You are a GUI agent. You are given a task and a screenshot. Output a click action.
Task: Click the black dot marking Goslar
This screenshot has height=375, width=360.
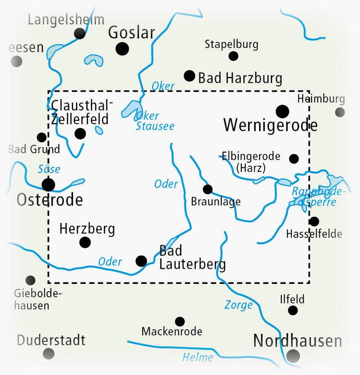click(x=122, y=49)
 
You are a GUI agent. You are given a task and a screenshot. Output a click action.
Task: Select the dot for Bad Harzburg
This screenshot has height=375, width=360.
click(x=190, y=76)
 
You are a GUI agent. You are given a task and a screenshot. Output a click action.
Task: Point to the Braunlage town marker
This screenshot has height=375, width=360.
click(x=208, y=189)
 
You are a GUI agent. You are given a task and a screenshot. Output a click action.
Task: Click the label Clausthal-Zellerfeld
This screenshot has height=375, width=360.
click(x=80, y=112)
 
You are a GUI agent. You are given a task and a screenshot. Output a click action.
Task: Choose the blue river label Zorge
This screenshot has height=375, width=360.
click(x=238, y=305)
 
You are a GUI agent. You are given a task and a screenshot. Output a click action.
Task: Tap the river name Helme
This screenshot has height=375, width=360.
click(x=197, y=357)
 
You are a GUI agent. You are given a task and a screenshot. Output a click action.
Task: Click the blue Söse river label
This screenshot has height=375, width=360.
click(x=49, y=169)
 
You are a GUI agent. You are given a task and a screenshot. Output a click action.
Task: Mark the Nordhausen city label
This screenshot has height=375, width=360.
click(x=297, y=341)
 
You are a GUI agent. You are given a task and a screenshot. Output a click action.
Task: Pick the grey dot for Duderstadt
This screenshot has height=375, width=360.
click(x=48, y=354)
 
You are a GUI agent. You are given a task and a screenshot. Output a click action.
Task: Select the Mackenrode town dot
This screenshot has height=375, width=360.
click(x=180, y=321)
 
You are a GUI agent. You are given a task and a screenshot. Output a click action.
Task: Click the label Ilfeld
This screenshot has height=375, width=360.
click(x=292, y=299)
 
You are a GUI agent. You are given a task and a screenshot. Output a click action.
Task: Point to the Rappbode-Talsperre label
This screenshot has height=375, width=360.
click(x=318, y=196)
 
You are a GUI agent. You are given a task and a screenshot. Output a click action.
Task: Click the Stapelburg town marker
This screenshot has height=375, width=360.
click(x=233, y=56)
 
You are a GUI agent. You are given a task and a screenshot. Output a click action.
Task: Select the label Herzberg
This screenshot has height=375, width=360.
click(x=87, y=229)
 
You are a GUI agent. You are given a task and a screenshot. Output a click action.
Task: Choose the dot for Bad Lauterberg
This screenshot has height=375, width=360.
click(x=141, y=260)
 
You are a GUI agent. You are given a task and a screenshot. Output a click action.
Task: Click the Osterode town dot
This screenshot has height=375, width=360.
click(x=48, y=184)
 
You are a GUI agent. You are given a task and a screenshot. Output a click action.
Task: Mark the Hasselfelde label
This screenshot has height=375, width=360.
click(x=314, y=234)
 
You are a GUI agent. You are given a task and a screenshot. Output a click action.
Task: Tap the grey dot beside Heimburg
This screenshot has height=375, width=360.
click(x=340, y=112)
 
